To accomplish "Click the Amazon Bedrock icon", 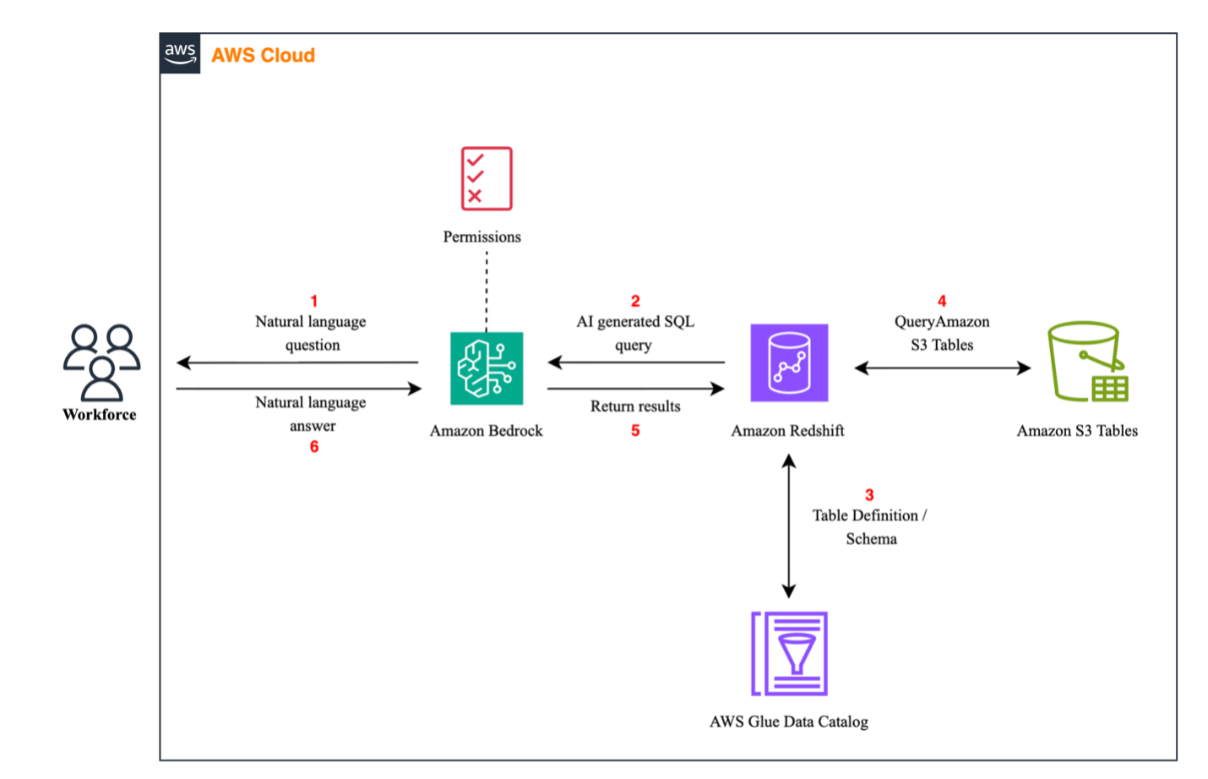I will click(x=487, y=368).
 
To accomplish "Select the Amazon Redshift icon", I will click(x=789, y=362).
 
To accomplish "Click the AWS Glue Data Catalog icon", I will click(x=789, y=653).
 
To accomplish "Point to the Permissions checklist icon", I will click(x=487, y=178).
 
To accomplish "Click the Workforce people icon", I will click(x=101, y=362).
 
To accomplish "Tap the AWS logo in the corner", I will click(x=180, y=54).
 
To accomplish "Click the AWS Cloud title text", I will click(x=263, y=56).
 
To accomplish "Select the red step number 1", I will click(x=314, y=301).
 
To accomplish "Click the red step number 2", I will click(x=635, y=301).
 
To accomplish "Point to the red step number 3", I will click(x=869, y=495).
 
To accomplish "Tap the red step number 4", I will click(x=942, y=301).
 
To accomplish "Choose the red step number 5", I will click(x=635, y=431).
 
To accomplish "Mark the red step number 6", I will click(x=314, y=446).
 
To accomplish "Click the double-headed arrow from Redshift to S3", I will click(x=942, y=368).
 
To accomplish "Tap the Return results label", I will click(x=635, y=406).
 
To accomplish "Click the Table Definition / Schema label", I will click(x=870, y=527).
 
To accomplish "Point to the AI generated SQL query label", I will click(x=635, y=333).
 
